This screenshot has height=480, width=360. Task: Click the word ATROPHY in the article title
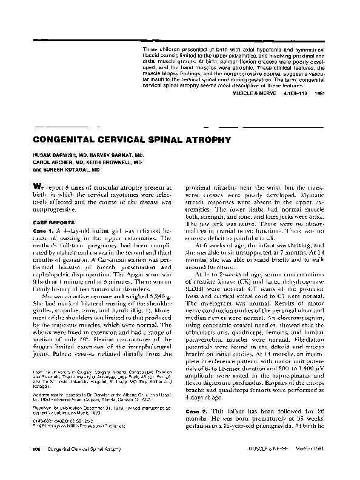[x=207, y=139]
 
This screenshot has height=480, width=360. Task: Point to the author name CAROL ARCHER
[x=48, y=163]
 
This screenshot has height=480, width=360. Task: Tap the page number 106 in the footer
[x=28, y=466]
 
